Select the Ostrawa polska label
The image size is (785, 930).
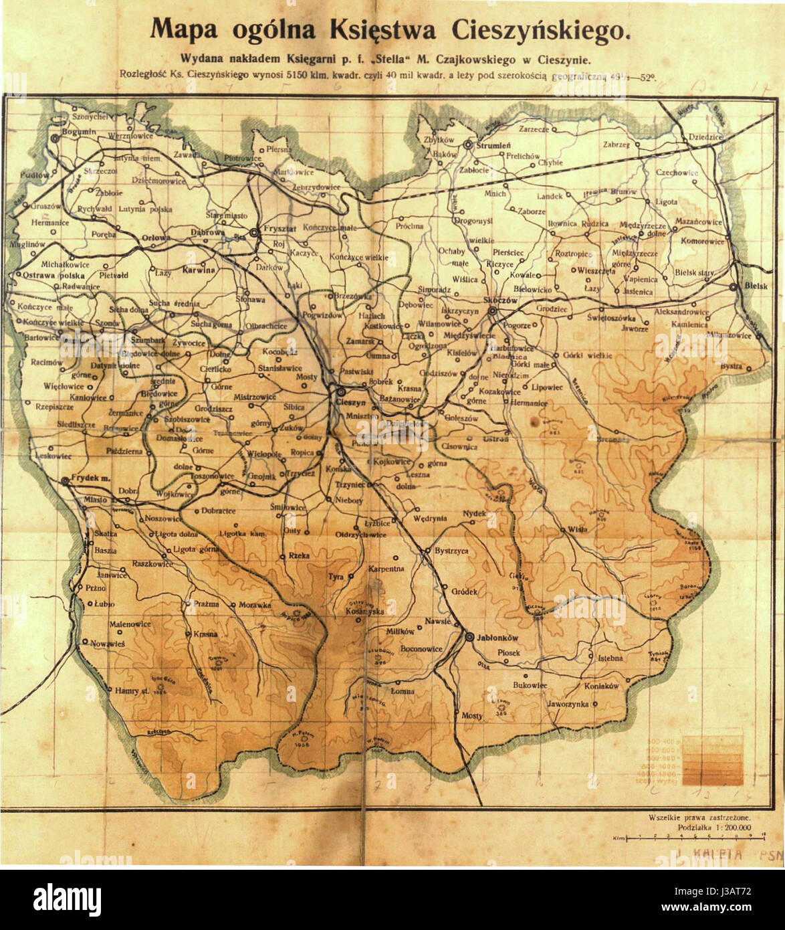(x=52, y=275)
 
